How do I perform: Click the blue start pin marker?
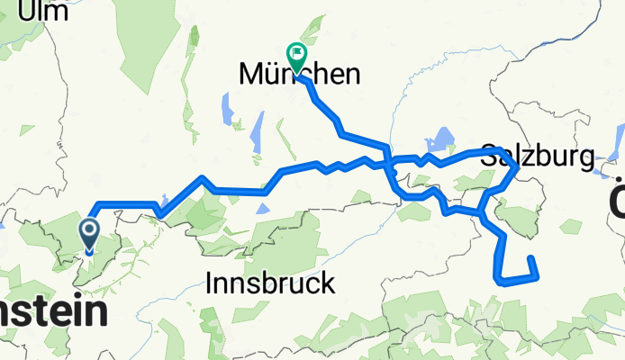(x=91, y=236)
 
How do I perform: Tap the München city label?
(x=299, y=75)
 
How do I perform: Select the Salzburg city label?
(x=538, y=157)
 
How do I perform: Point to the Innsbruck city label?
(x=270, y=284)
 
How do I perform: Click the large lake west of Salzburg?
(x=442, y=139)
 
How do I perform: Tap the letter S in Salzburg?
(x=489, y=156)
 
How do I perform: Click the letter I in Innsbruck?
(x=210, y=284)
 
